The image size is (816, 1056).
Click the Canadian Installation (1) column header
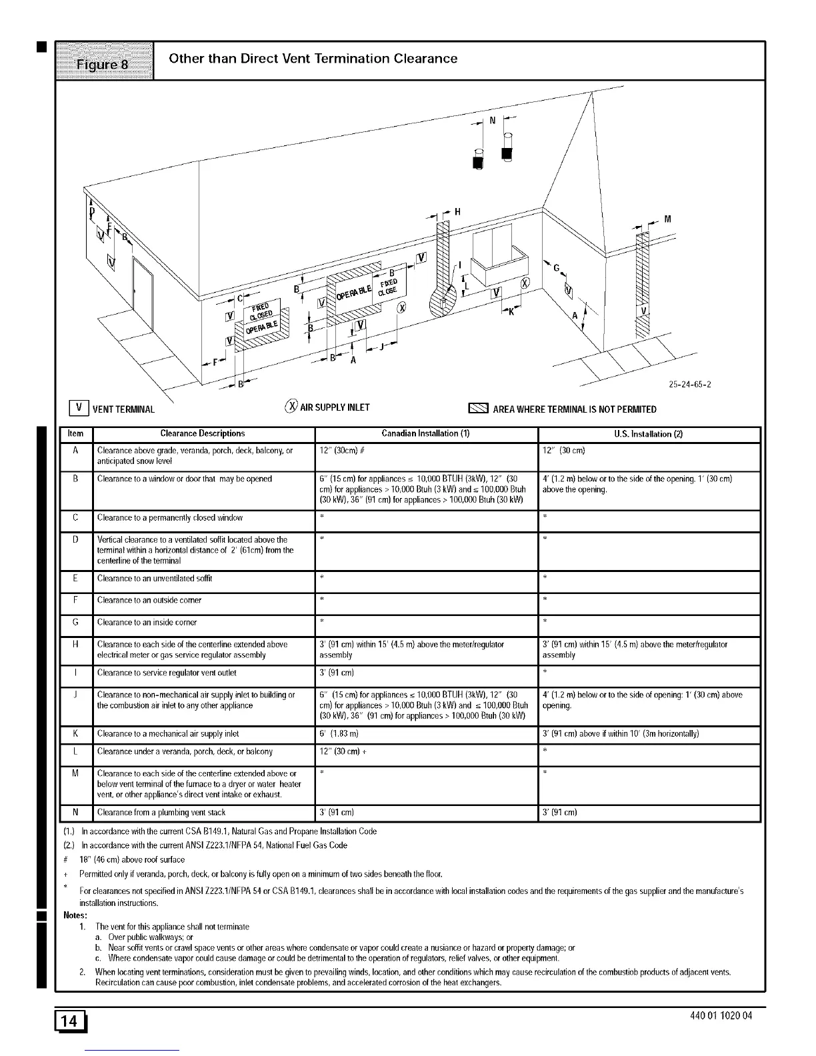tap(425, 434)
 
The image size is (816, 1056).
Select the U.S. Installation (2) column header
tap(649, 434)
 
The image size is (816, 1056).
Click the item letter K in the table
tap(76, 733)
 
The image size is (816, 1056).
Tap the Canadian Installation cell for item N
tap(425, 813)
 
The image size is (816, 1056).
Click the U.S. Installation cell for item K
tap(649, 734)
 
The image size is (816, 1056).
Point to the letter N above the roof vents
tap(493, 121)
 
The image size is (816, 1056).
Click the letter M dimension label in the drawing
tap(667, 220)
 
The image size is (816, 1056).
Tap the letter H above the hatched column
tap(457, 212)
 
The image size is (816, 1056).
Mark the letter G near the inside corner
tap(555, 268)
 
